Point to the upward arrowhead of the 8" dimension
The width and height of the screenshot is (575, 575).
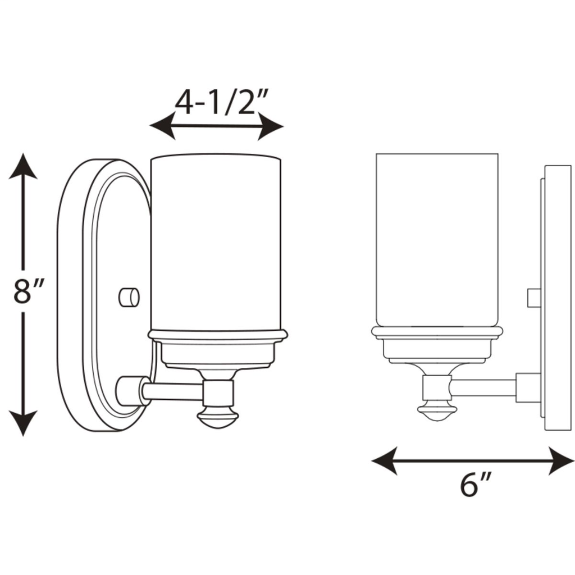coord(23,166)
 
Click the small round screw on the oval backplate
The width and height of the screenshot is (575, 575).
coord(130,296)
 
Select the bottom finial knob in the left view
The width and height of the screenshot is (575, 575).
coord(217,417)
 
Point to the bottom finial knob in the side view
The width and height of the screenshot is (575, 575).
coord(436,410)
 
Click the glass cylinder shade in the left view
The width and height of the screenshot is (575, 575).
coord(216,241)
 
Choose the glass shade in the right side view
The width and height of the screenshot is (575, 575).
coord(437,239)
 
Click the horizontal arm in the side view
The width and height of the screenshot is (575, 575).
coord(483,387)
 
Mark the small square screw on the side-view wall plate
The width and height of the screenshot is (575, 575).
coord(534,298)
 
